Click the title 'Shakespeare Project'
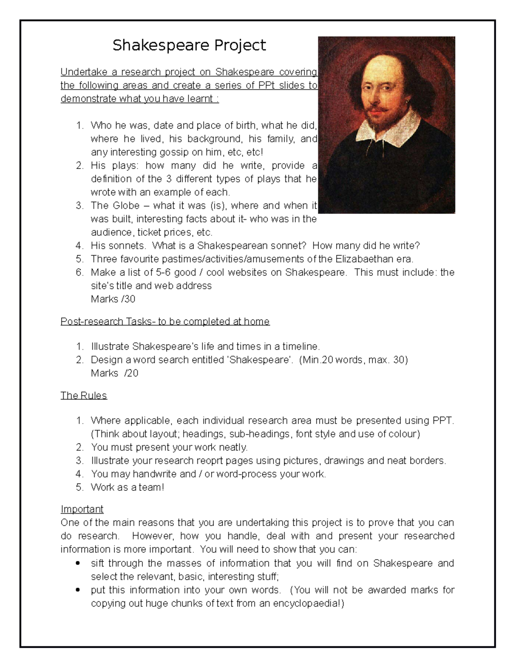pyautogui.click(x=189, y=45)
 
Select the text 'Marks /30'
pyautogui.click(x=113, y=299)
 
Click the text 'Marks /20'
pyautogui.click(x=114, y=373)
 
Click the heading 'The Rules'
pyautogui.click(x=83, y=395)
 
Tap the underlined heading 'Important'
pyautogui.click(x=82, y=509)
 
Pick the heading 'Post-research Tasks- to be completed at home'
pyautogui.click(x=165, y=321)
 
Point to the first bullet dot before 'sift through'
pyautogui.click(x=77, y=563)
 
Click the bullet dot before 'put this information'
pyautogui.click(x=77, y=590)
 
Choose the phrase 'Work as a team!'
pyautogui.click(x=127, y=487)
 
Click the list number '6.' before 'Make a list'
pyautogui.click(x=79, y=272)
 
